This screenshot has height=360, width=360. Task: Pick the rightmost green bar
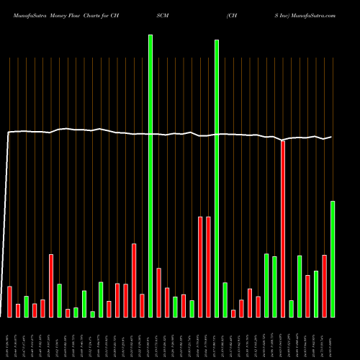[x=333, y=259]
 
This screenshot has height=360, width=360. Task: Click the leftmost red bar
[x=9, y=302]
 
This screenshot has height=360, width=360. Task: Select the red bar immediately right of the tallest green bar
[x=158, y=292]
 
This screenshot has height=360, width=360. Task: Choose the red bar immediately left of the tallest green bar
[x=142, y=305]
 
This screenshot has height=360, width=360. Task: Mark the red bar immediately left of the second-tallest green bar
[x=208, y=266]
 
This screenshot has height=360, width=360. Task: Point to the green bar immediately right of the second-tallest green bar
[x=225, y=300]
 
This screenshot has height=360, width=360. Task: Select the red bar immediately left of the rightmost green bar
[x=324, y=286]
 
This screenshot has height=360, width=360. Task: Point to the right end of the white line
[x=332, y=137]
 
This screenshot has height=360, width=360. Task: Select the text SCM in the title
[x=163, y=14]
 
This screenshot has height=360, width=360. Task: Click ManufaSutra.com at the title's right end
[x=316, y=14]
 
